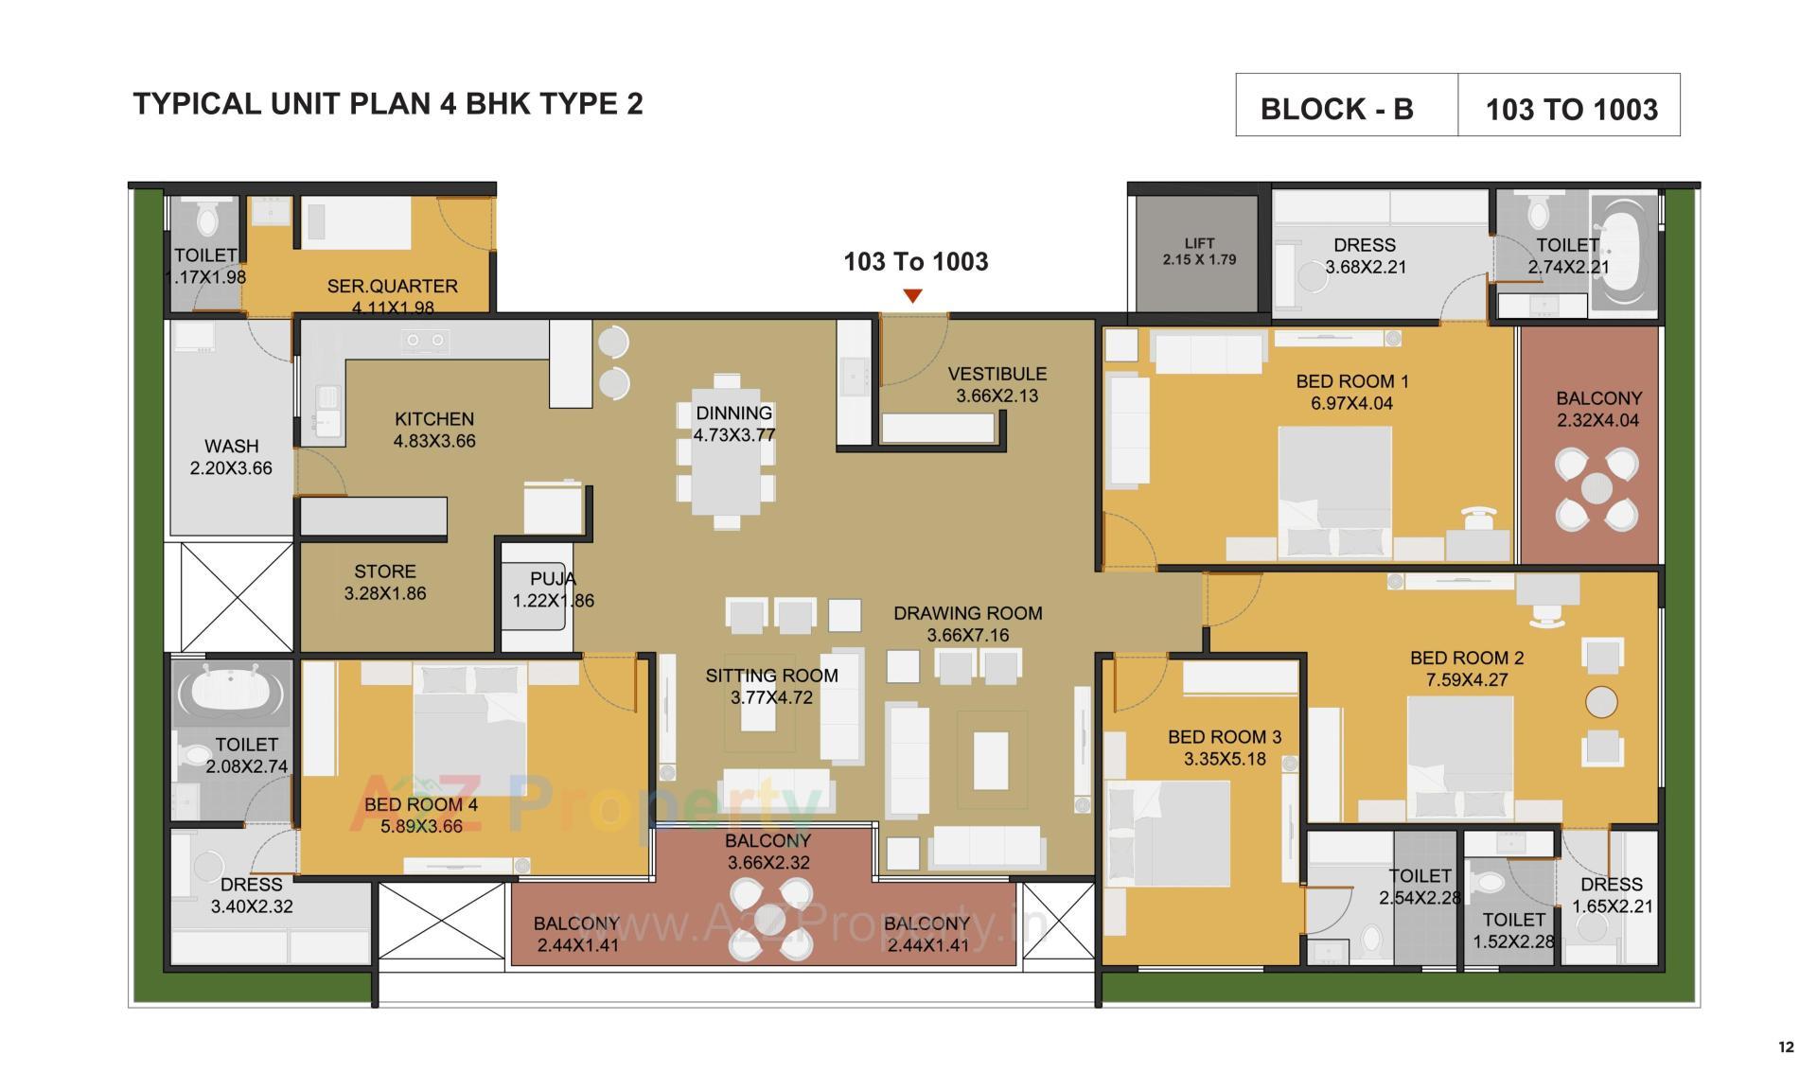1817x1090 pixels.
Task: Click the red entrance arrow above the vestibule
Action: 912,296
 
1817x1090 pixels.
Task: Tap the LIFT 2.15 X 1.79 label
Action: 1199,252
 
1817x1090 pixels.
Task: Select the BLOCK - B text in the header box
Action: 1336,110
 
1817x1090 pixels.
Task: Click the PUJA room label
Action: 553,579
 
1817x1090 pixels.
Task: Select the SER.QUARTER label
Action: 392,286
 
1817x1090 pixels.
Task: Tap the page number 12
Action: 1786,1046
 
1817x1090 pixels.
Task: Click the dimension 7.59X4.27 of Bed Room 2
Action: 1466,679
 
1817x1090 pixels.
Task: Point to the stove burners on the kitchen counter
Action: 426,339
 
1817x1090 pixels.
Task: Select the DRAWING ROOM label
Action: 967,613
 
